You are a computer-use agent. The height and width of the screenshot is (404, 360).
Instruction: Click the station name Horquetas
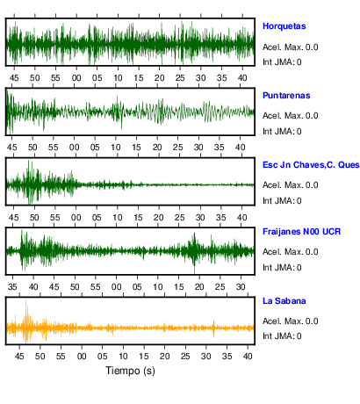click(x=284, y=26)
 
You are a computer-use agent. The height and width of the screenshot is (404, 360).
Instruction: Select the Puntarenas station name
click(x=286, y=96)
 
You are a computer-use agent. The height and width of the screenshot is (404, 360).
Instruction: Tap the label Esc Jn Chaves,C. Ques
click(x=311, y=165)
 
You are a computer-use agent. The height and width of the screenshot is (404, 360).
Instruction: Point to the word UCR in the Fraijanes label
click(x=331, y=232)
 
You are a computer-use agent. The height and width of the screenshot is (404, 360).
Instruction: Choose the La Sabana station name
click(x=284, y=301)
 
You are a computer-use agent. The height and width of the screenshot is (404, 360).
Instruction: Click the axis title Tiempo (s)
click(x=130, y=371)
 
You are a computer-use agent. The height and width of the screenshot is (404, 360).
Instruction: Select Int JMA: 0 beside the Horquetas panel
click(x=282, y=62)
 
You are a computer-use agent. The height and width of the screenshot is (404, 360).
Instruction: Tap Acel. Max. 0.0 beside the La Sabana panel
click(x=290, y=321)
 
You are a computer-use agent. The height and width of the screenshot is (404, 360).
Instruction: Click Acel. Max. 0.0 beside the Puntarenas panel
click(x=290, y=116)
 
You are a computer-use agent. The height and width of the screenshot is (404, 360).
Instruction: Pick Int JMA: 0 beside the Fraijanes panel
click(x=282, y=268)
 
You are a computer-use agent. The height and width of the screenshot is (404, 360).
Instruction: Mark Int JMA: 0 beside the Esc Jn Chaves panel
click(x=282, y=201)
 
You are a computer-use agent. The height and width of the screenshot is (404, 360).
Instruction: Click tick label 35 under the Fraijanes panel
click(x=12, y=287)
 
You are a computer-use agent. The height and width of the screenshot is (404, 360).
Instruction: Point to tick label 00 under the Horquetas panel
click(x=76, y=78)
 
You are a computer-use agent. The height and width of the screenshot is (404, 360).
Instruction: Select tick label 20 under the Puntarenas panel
click(x=157, y=148)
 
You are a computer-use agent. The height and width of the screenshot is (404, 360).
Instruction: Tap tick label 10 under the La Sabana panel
click(x=123, y=357)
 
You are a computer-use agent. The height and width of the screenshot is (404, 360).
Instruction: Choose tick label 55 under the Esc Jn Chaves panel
click(x=55, y=218)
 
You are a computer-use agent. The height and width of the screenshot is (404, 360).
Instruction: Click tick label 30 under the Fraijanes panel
click(x=241, y=287)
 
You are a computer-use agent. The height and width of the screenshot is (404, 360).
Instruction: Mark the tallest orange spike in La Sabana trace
click(x=26, y=300)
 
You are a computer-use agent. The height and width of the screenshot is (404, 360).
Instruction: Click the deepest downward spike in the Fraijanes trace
click(x=194, y=273)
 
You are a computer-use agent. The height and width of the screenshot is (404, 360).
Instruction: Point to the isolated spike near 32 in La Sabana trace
click(x=213, y=328)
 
